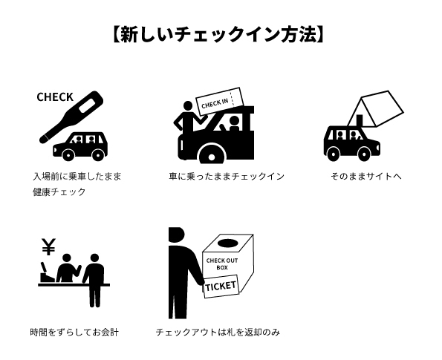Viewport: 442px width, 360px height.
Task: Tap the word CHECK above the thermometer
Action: tap(55, 97)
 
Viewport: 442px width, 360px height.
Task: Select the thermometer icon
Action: tap(75, 116)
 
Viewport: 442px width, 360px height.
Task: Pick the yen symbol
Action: tap(49, 246)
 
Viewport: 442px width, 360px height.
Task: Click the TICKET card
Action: tap(221, 287)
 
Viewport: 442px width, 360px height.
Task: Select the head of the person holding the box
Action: tap(176, 234)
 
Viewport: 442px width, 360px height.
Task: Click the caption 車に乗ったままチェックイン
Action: tap(227, 177)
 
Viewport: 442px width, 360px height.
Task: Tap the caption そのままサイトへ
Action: tap(366, 177)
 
